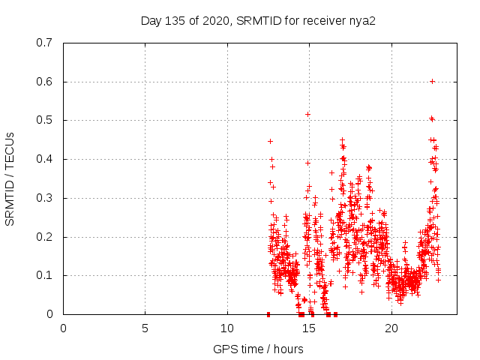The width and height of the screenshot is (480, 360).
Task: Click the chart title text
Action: (x=258, y=20)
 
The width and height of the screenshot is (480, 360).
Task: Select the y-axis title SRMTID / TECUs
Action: (x=10, y=178)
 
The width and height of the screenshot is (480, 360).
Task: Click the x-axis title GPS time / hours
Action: (x=258, y=349)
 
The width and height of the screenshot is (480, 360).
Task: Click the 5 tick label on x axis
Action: (x=145, y=328)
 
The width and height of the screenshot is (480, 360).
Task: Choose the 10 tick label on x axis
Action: (x=227, y=328)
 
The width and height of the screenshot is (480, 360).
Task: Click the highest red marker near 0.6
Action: (x=432, y=81)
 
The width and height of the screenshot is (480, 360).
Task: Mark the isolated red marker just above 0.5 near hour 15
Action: (x=307, y=114)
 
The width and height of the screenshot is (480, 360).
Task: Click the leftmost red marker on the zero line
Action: (x=268, y=314)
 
